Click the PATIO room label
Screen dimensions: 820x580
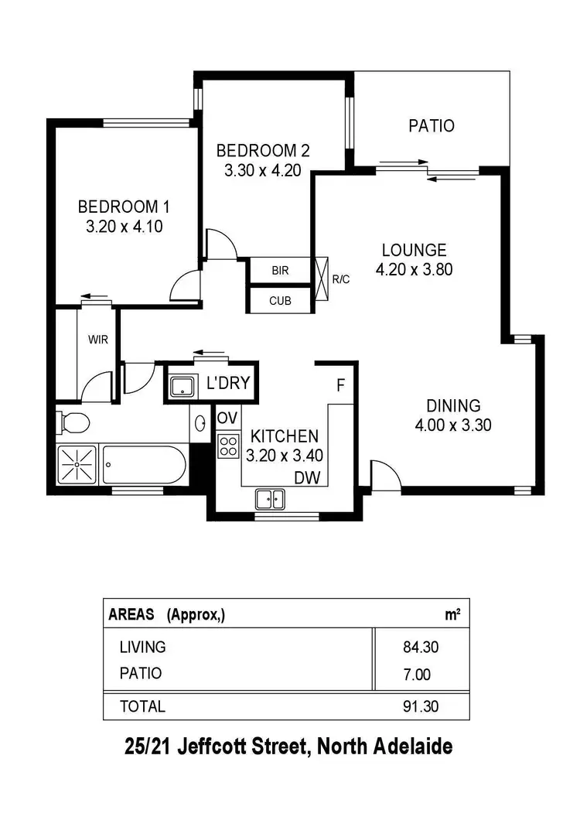point(432,125)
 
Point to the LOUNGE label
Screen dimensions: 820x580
point(414,250)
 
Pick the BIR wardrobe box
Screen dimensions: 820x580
point(279,272)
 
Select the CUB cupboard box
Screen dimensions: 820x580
point(279,301)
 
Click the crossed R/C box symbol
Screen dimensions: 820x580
point(322,272)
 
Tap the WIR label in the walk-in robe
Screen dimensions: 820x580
point(97,338)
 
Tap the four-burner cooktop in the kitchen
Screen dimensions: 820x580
point(228,446)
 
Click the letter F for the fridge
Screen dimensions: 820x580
point(339,384)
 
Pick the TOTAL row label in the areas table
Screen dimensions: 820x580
point(142,706)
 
